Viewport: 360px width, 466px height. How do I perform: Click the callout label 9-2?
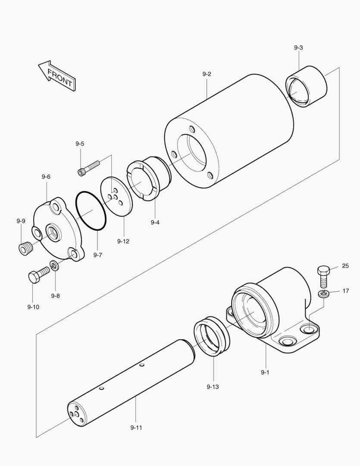point(207,74)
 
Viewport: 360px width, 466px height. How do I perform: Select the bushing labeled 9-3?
point(307,86)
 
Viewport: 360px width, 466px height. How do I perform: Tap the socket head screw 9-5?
point(89,167)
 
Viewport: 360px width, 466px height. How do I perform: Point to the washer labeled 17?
point(324,294)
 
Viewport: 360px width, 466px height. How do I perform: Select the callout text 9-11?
point(136,428)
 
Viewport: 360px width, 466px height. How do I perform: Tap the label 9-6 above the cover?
point(46,177)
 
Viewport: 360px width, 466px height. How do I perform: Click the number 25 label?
point(345,266)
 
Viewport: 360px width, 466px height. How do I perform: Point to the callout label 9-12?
point(123,241)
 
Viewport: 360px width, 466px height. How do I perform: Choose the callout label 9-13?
point(213,387)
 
